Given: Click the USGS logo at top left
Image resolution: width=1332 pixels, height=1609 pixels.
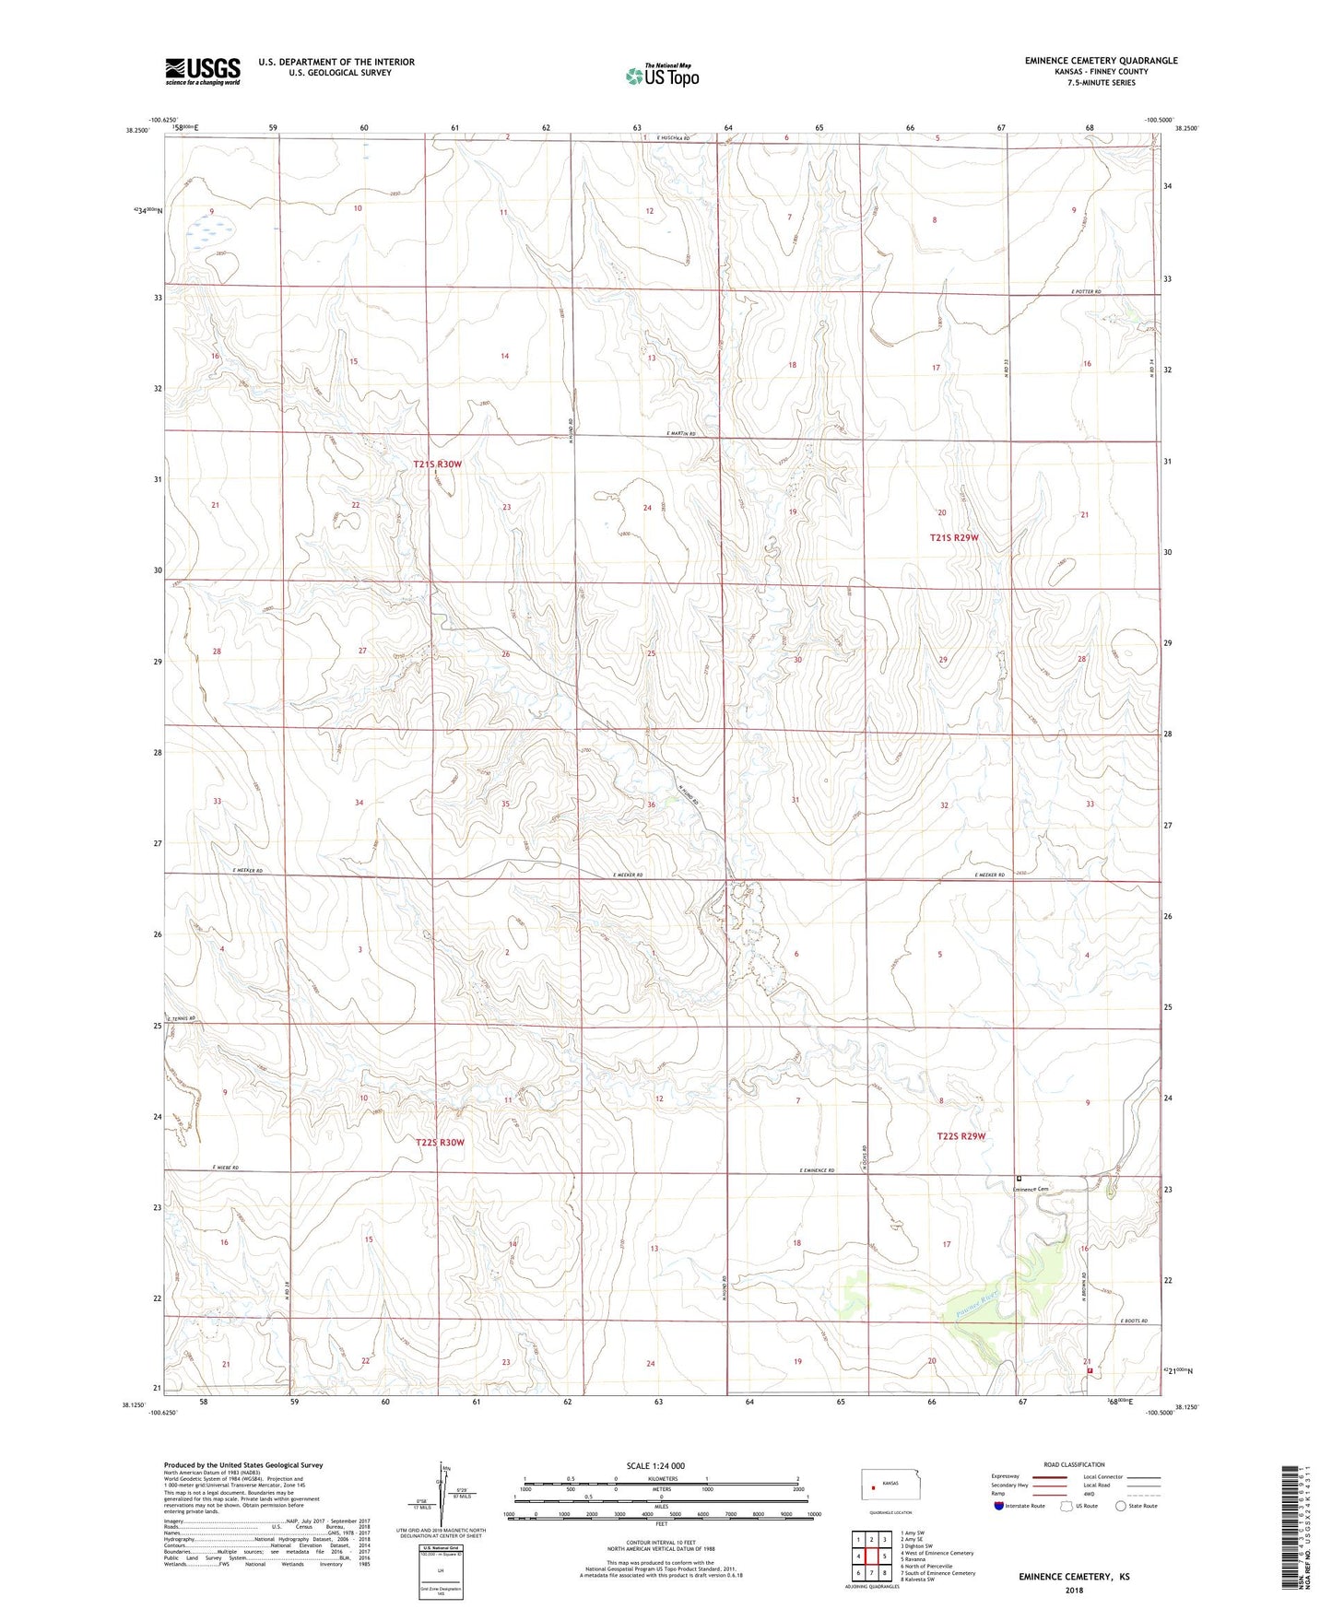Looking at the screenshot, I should point(203,71).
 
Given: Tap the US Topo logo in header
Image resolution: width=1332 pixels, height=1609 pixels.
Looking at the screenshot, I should point(662,75).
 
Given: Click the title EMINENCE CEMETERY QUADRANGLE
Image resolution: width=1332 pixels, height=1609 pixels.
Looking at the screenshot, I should point(1101,61).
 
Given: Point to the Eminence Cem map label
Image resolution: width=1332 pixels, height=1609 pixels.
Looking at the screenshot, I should point(1031,1189).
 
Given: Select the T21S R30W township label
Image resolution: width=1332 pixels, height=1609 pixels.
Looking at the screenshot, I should point(437,464).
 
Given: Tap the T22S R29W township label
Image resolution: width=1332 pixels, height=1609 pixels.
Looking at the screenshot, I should point(961,1136).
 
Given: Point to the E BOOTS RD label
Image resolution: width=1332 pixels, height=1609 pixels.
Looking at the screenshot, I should point(1134,1321).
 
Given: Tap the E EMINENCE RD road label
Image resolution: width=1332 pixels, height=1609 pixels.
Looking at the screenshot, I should point(816,1170).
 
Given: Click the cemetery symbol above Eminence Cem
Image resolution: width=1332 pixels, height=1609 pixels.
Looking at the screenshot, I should point(1019,1178).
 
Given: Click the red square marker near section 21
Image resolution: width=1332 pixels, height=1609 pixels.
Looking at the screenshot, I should point(1090,1370).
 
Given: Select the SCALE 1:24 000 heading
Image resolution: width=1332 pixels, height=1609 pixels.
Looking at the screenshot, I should point(655,1465).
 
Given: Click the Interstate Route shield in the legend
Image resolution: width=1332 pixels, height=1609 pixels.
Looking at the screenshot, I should point(1001,1506).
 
